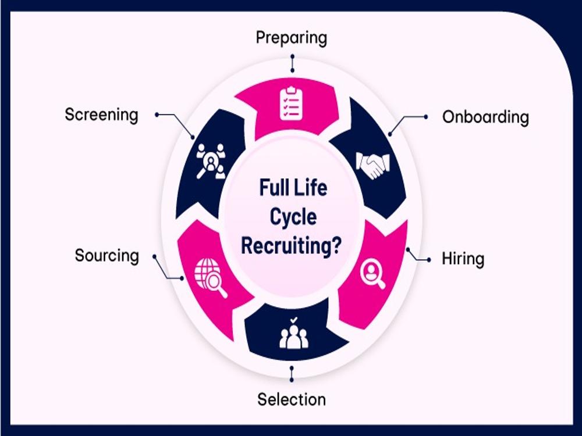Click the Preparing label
[x=292, y=38]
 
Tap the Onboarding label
[x=485, y=117]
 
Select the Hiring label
[x=463, y=259]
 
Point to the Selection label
[x=292, y=399]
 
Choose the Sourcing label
[x=107, y=255]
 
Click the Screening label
[x=101, y=115]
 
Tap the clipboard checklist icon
[x=292, y=103]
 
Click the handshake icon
[x=373, y=165]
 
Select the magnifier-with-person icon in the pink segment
[x=372, y=274]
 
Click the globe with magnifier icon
[x=211, y=278]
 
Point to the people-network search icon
[x=211, y=161]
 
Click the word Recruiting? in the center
[x=291, y=246]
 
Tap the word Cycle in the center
[x=293, y=217]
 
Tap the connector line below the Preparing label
[x=293, y=63]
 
